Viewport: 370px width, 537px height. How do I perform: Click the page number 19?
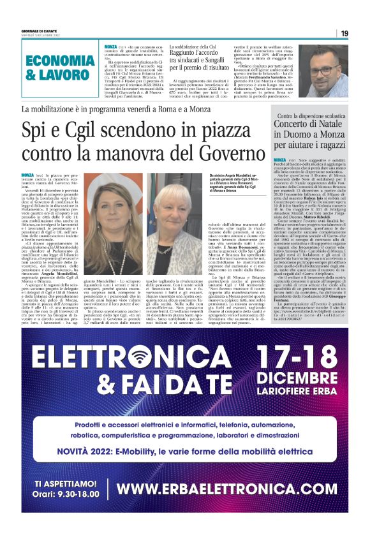pos(344,33)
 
